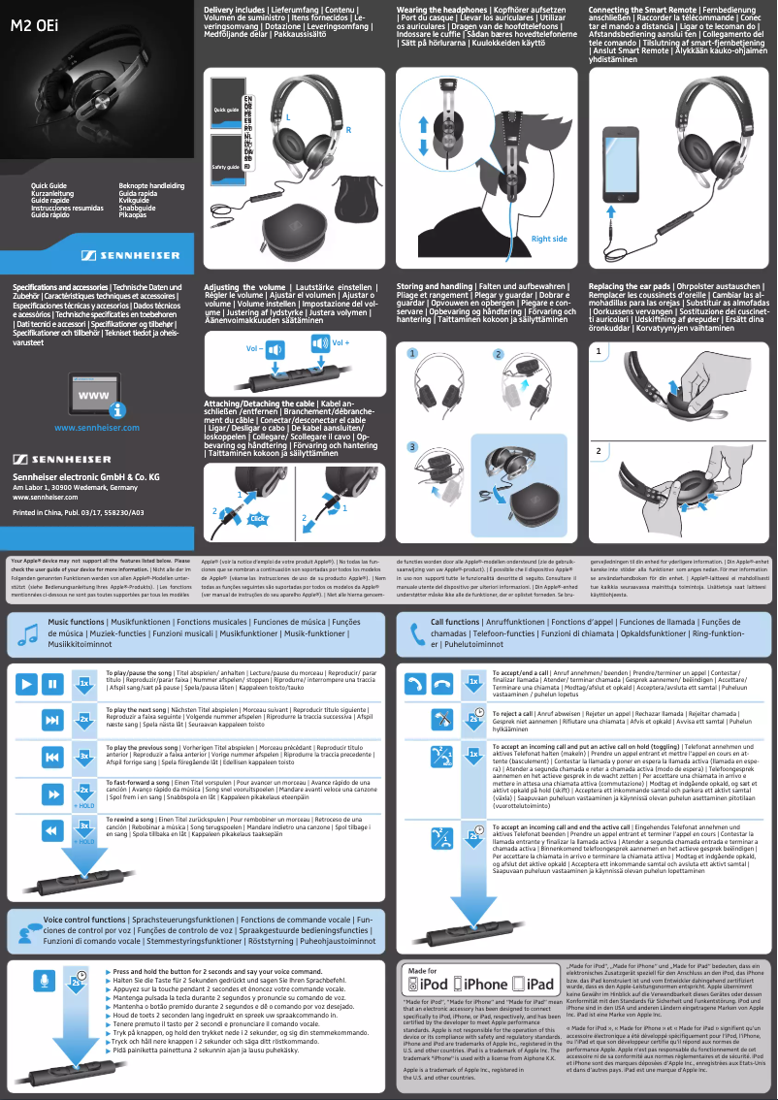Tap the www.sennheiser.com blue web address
click(x=97, y=427)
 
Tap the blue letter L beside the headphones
click(x=287, y=118)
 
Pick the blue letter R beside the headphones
click(x=347, y=129)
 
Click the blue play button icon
click(x=25, y=684)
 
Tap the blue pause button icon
click(x=52, y=684)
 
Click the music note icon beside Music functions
click(x=26, y=632)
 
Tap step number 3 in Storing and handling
click(x=411, y=447)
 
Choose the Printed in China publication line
click(x=78, y=511)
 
